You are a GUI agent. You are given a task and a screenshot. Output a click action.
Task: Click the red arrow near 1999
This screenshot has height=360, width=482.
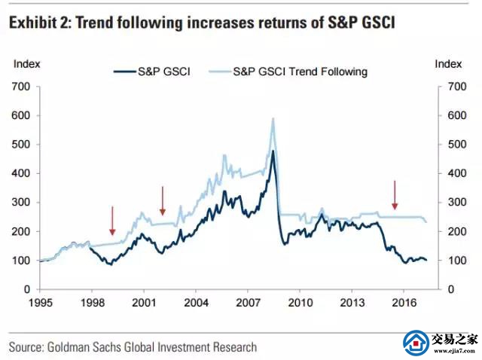coord(111,221)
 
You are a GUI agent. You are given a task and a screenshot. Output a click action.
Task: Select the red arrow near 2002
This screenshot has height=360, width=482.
coord(163,200)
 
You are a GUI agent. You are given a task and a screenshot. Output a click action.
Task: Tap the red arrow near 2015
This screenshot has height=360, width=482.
coord(395,195)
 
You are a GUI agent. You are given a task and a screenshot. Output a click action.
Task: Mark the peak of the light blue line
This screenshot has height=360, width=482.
coord(273,118)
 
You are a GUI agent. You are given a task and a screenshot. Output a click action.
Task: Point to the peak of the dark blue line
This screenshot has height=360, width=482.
coord(272,151)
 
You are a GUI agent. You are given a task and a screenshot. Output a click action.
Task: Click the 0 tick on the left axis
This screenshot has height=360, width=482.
coord(26,289)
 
